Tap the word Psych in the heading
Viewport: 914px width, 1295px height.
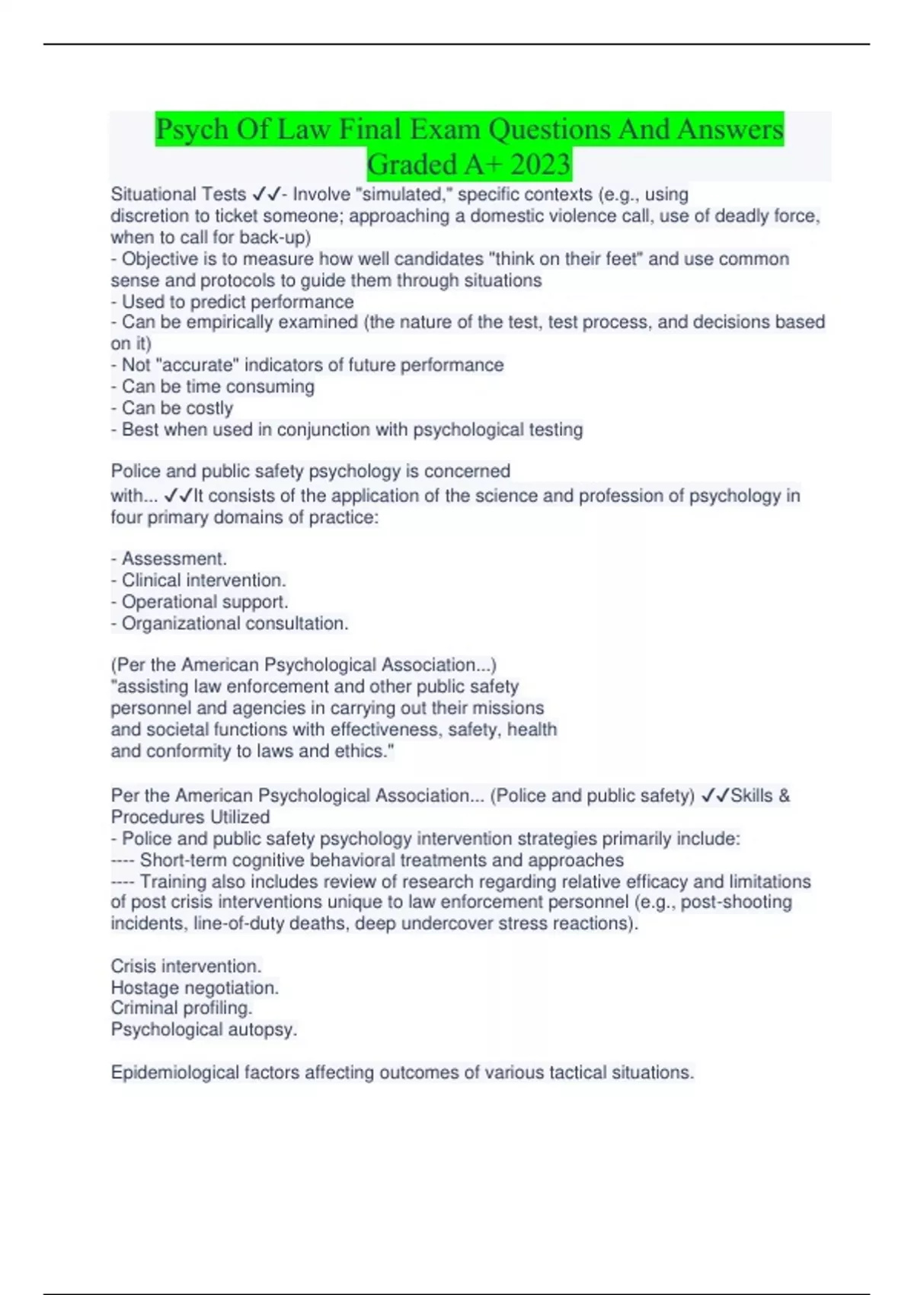(x=192, y=129)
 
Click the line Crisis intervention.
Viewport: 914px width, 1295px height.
(x=186, y=966)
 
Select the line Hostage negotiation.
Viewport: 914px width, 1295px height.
(x=195, y=987)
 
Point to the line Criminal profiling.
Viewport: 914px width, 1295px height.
(x=181, y=1008)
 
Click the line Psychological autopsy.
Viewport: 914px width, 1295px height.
(x=204, y=1029)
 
